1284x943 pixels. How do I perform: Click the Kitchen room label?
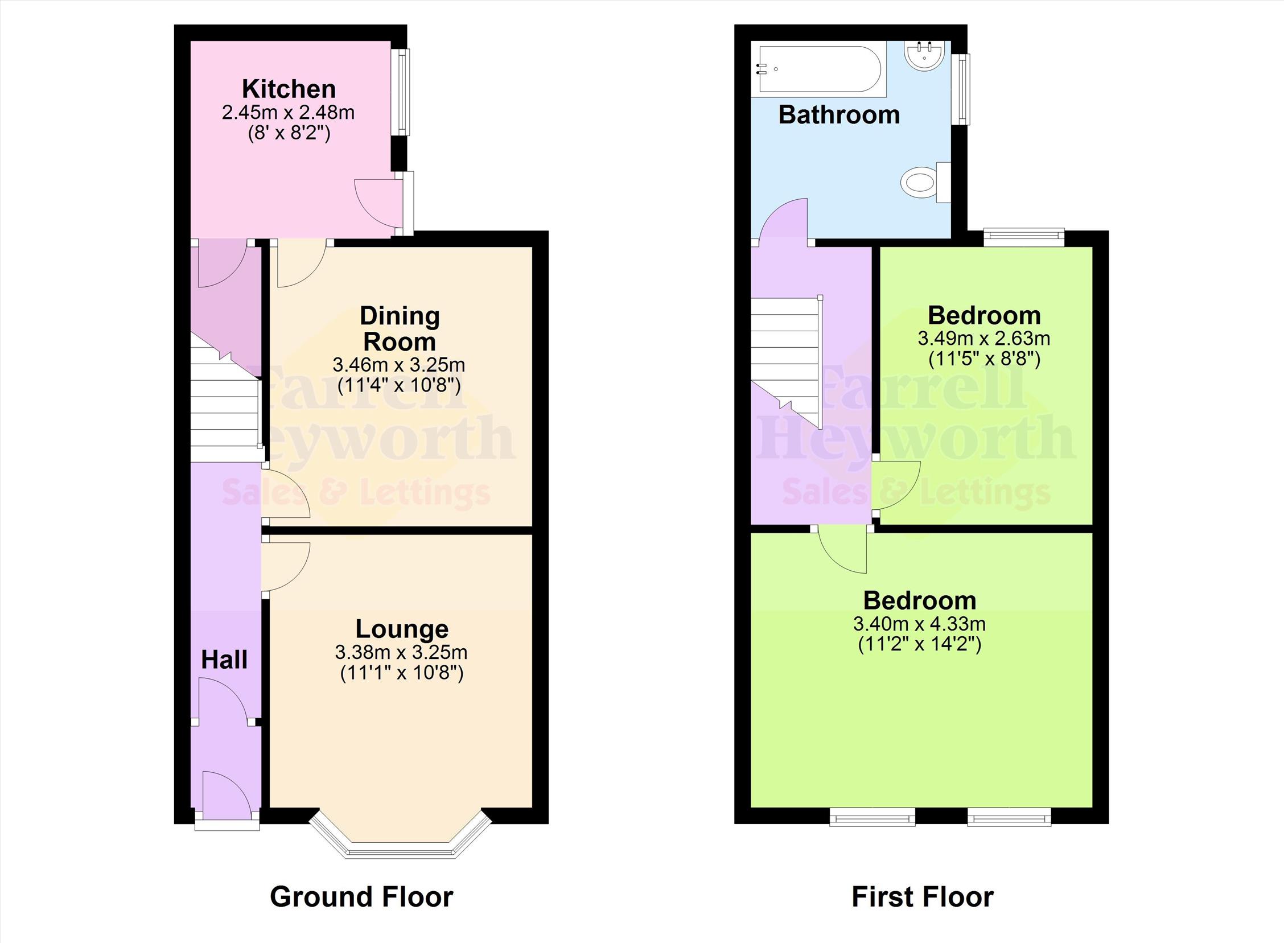tap(289, 89)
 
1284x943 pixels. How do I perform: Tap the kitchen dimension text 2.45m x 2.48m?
tap(289, 113)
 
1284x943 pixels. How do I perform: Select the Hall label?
tap(224, 660)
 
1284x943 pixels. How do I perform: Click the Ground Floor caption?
tap(361, 897)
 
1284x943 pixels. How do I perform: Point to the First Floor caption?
tap(923, 897)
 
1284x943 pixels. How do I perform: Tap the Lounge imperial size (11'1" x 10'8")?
tap(402, 674)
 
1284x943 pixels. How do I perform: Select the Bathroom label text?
tap(839, 115)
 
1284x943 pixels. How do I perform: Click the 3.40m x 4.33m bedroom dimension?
tap(919, 624)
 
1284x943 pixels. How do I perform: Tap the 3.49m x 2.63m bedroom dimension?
tap(983, 339)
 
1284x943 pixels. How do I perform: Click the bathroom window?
tap(963, 89)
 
